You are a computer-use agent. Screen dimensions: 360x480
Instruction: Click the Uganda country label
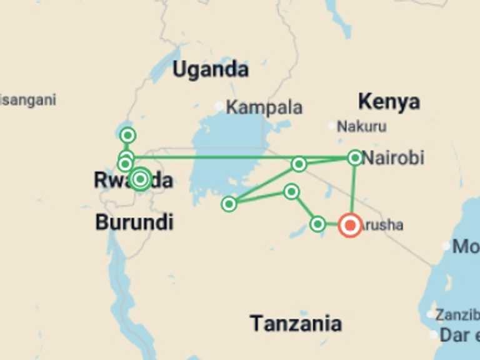point(210,69)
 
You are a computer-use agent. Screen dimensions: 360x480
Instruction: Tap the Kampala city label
point(264,107)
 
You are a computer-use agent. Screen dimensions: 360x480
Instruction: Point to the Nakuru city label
point(361,127)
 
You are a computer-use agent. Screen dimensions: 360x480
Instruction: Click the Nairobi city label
point(393,157)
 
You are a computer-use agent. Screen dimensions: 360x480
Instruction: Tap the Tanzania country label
point(296,323)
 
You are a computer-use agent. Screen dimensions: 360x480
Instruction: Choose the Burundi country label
point(134,222)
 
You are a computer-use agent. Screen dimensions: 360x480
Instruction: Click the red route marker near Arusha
point(349,225)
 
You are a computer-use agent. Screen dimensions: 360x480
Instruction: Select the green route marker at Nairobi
point(355,157)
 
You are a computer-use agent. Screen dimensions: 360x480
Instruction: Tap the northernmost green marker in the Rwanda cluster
point(128,135)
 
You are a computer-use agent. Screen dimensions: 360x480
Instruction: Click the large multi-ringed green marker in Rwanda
point(140,179)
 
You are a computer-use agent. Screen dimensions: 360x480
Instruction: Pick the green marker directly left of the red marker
point(317,224)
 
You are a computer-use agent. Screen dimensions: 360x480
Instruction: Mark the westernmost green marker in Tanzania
point(229,204)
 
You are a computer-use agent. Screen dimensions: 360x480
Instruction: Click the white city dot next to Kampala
point(219,107)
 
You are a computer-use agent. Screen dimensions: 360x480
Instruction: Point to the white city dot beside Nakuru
point(332,126)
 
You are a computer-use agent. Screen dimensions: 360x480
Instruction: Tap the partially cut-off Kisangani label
point(27,99)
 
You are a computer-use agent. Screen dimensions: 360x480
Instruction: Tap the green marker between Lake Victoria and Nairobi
point(299,164)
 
